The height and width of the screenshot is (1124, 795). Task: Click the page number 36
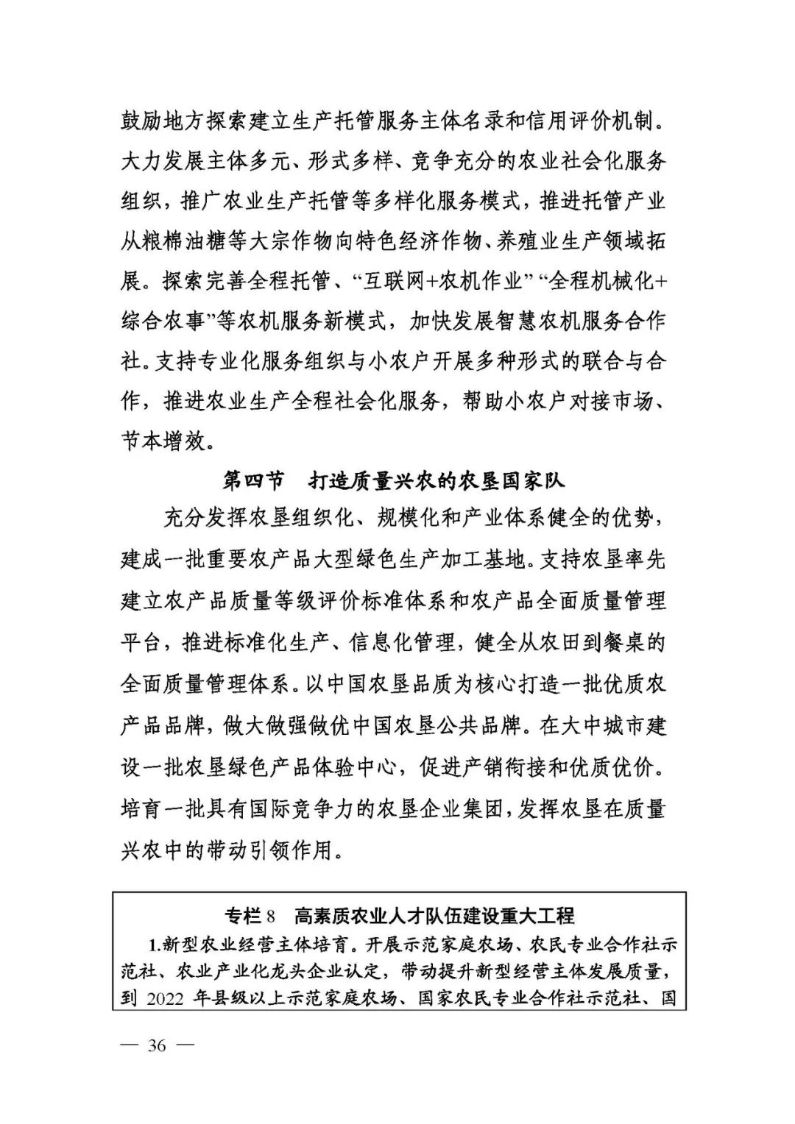158,1045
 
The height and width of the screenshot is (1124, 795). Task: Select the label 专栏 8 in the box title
250,917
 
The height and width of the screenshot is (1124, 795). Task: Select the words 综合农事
163,321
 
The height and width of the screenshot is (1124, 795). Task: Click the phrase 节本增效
163,442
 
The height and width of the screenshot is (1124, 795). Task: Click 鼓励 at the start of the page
141,121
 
